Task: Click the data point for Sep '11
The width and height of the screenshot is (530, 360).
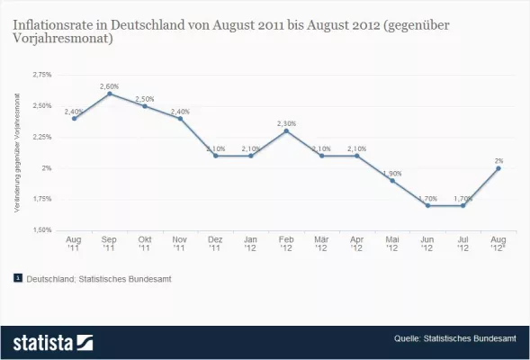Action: [109, 94]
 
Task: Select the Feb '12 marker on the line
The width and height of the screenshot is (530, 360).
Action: [285, 130]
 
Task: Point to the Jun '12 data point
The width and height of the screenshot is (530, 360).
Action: [427, 205]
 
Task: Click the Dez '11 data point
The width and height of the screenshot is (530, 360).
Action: [215, 156]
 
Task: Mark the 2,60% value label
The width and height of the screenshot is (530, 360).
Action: [109, 85]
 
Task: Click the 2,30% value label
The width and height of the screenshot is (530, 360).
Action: [285, 122]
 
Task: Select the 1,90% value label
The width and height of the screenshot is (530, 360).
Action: [391, 172]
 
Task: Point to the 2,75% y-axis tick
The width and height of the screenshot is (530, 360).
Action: [41, 75]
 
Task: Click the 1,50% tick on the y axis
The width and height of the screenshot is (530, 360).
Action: [41, 229]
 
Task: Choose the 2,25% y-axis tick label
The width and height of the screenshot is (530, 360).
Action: [41, 137]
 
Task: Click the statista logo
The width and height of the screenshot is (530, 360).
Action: [52, 342]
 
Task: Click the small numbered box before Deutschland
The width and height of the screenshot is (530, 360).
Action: [18, 279]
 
